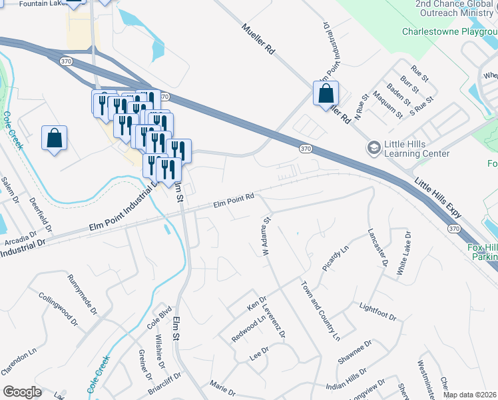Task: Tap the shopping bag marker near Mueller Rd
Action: [326, 94]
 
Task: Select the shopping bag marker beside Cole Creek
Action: [54, 139]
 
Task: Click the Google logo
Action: [23, 391]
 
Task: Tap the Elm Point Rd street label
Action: [234, 198]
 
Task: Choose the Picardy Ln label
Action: [336, 258]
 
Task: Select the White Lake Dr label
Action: [403, 254]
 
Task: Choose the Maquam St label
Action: [388, 104]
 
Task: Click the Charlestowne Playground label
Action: [449, 31]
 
